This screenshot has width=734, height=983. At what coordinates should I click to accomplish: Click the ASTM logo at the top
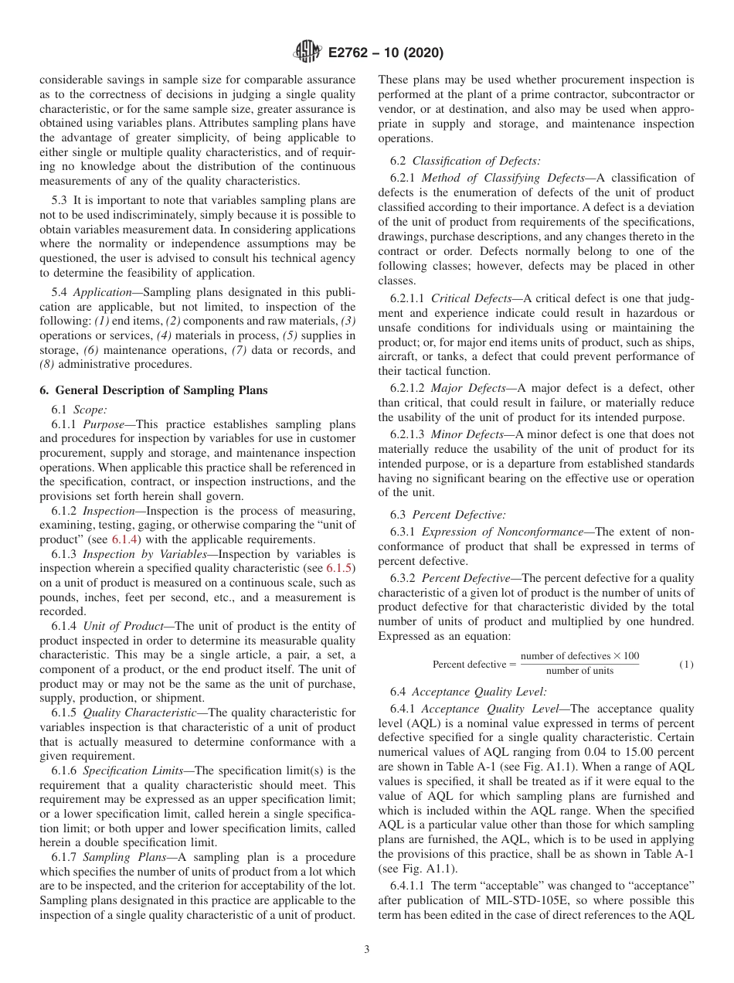[308, 53]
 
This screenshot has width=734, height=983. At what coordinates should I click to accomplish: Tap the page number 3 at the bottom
[367, 950]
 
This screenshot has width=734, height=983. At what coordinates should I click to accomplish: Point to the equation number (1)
[685, 664]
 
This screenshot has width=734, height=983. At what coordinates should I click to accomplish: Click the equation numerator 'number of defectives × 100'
[579, 656]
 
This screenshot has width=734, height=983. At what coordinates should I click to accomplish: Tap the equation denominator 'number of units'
[579, 671]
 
